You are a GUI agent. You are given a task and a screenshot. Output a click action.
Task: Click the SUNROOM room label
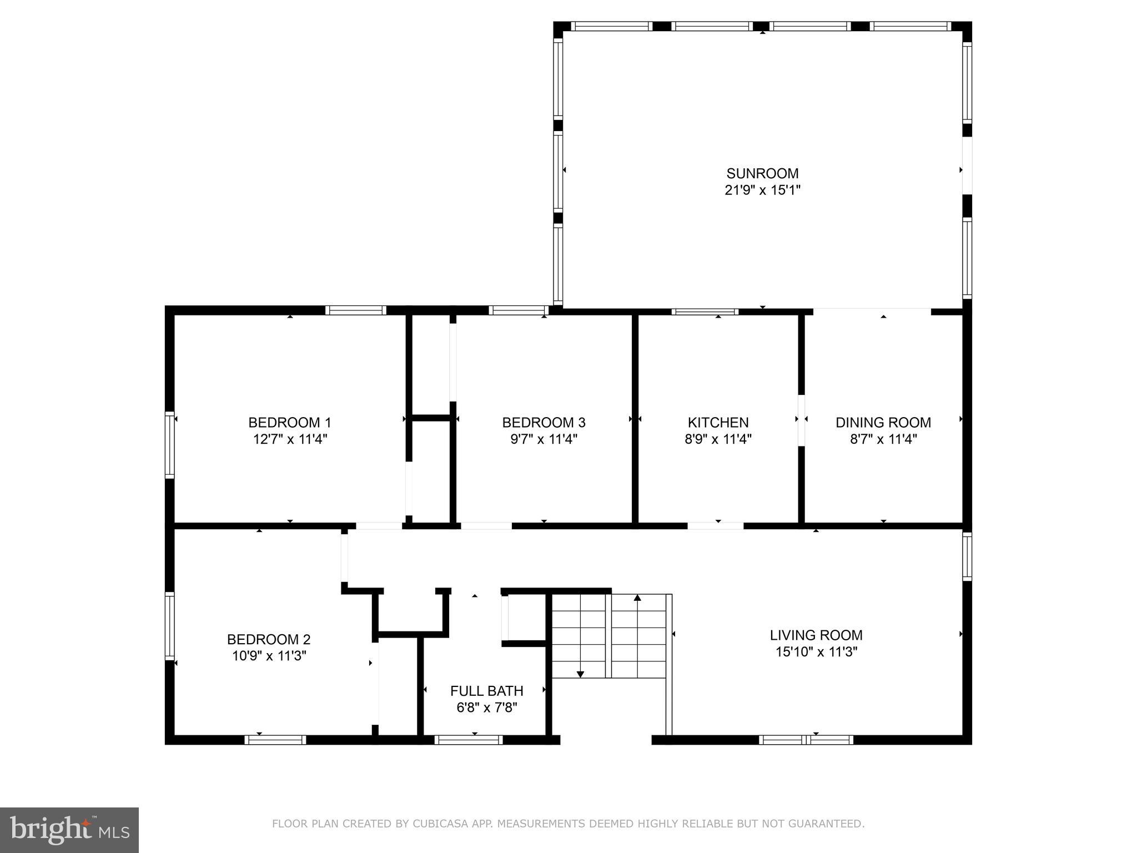pos(762,173)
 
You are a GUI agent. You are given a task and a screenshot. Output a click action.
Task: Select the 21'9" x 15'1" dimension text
pos(762,190)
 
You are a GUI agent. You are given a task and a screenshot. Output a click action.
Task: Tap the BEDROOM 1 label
pos(289,423)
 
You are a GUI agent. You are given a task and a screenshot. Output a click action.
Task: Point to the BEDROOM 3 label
pos(544,423)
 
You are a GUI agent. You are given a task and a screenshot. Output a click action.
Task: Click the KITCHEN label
pos(718,423)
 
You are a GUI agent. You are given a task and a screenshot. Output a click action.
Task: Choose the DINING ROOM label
pos(883,423)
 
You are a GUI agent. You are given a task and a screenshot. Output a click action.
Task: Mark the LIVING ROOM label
pos(816,635)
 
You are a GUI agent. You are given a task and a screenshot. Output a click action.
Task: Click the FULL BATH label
pos(486,691)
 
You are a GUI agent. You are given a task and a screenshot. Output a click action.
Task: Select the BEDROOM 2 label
pos(268,639)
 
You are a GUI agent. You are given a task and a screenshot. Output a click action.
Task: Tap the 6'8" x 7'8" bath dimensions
pos(486,708)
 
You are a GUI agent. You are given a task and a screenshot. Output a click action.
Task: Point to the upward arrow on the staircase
pos(637,598)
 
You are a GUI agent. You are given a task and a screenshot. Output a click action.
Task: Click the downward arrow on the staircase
pos(580,674)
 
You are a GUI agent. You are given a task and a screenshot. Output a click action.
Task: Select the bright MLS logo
pos(69,830)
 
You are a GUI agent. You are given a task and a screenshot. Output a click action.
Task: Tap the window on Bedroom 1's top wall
pos(355,310)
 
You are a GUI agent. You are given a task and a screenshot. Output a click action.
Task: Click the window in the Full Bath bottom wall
pos(468,740)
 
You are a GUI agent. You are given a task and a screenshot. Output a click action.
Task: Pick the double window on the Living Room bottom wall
pos(806,740)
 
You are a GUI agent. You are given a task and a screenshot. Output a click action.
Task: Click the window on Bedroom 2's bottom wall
pos(275,740)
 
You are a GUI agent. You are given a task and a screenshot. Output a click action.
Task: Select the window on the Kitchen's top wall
pos(705,312)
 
